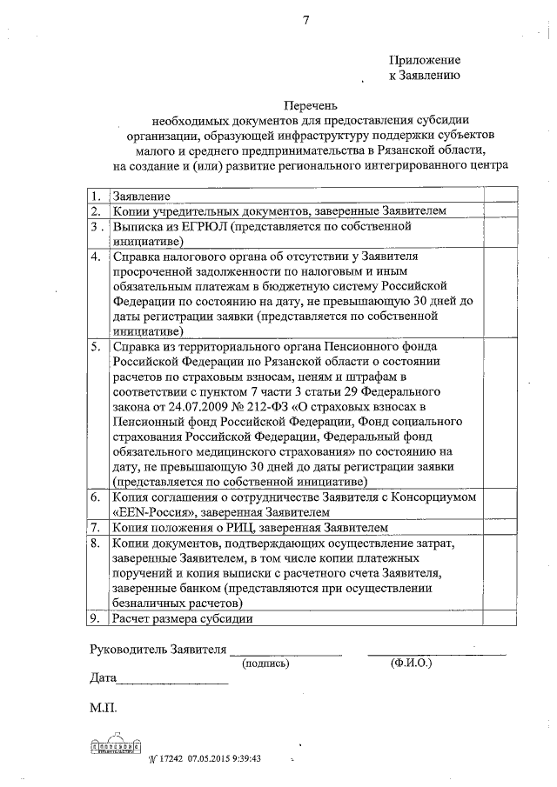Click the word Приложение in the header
pos(424,60)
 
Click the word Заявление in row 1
pos(140,196)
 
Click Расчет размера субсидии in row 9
pos(182,618)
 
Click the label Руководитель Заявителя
pos(158,650)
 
